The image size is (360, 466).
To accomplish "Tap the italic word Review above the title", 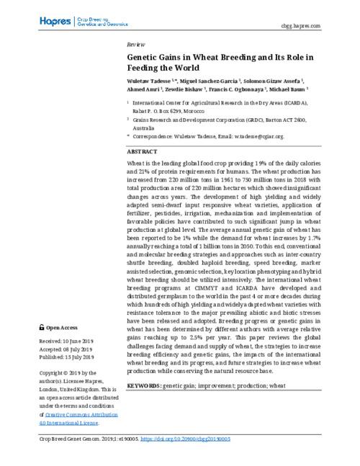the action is (135, 43).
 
